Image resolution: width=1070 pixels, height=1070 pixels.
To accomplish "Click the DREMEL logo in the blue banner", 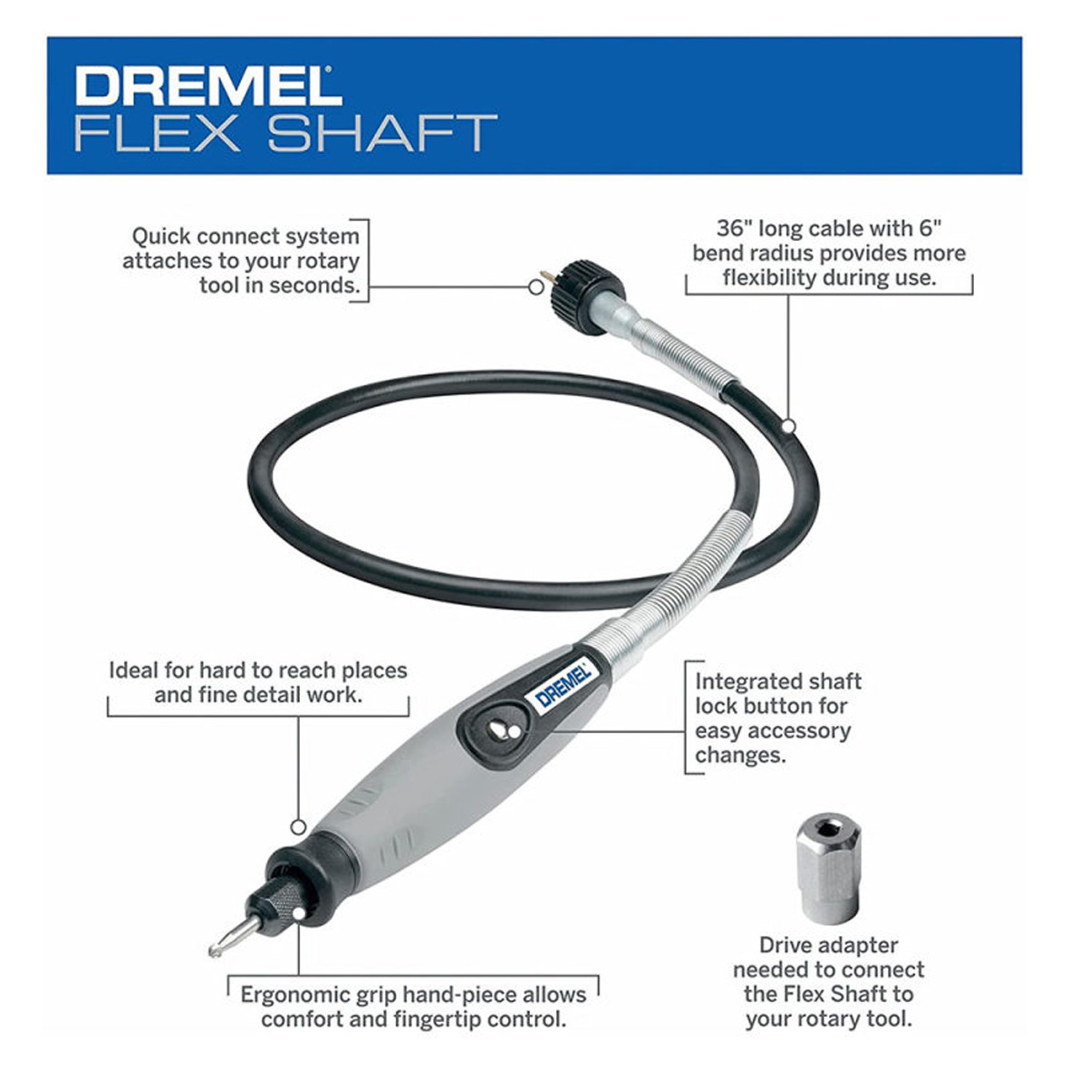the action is [208, 85].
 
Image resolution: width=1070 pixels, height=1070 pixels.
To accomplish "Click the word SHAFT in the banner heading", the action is [382, 133].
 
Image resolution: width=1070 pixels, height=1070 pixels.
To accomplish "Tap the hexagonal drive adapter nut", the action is [828, 867].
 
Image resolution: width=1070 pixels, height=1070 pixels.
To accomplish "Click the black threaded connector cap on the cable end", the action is [579, 297].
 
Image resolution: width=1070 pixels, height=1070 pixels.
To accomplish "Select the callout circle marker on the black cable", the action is [788, 427].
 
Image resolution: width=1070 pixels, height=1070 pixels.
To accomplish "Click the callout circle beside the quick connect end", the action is [536, 287].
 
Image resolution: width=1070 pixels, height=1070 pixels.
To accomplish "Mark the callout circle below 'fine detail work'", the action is [298, 827].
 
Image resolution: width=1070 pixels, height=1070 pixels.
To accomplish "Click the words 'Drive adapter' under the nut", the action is [828, 946].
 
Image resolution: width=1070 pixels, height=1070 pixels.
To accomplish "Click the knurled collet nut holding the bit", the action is [280, 900].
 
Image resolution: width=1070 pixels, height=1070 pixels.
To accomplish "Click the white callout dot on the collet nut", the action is [298, 913].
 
